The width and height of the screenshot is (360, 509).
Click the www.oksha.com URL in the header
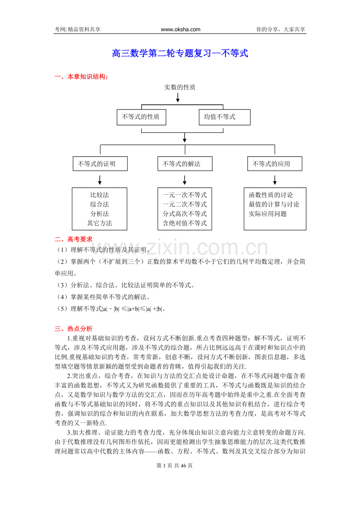180,29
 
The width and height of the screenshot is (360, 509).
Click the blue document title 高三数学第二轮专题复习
180,54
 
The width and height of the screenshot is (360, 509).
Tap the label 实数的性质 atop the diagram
180,88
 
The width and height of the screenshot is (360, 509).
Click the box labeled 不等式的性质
141,117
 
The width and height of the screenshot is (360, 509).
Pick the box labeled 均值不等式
225,117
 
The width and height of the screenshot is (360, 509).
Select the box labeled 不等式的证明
100,164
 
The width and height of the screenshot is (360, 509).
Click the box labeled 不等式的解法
185,164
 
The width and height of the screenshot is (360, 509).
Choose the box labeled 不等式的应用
274,164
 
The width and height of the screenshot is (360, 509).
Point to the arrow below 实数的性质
178,98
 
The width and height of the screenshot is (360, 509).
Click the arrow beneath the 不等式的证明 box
100,179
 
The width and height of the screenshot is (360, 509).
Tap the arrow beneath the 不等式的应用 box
275,179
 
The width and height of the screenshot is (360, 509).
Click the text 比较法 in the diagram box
99,195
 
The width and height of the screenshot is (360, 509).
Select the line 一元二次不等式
185,204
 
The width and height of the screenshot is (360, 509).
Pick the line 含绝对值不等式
185,223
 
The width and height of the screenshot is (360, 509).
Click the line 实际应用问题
268,214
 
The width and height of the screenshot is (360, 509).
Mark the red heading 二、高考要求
74,239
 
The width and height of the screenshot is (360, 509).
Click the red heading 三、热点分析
74,329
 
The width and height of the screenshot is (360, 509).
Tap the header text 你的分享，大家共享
281,29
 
